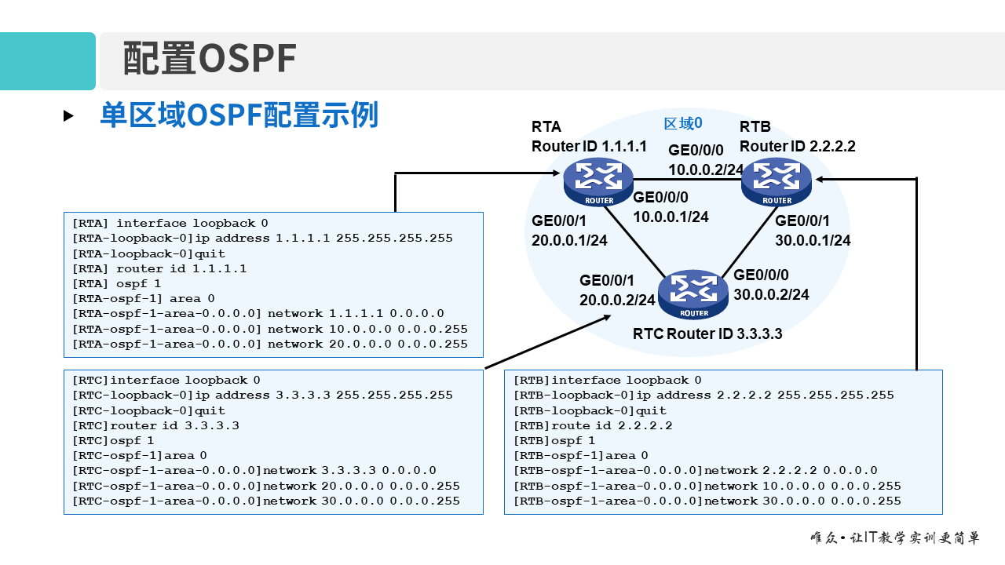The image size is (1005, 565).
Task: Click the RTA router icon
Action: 598,180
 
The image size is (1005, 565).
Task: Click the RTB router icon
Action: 777,180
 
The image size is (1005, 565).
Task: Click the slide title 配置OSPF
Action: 210,60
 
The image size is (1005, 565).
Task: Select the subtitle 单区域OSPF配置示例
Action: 239,115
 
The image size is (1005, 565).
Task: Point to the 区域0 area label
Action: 682,123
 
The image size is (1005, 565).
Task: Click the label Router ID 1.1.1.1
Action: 589,146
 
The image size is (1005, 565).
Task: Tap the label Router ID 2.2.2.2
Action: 797,146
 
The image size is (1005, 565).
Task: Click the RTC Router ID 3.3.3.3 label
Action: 707,334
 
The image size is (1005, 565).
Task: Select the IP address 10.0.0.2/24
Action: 706,169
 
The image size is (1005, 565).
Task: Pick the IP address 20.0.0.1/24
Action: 569,241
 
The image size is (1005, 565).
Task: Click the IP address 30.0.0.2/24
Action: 771,295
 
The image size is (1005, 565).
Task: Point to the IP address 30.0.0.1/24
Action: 813,241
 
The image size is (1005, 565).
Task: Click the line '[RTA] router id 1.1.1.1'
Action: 159,268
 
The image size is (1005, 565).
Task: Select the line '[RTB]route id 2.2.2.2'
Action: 593,425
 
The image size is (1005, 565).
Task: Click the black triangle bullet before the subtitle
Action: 68,116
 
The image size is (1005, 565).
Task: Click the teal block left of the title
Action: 47,61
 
